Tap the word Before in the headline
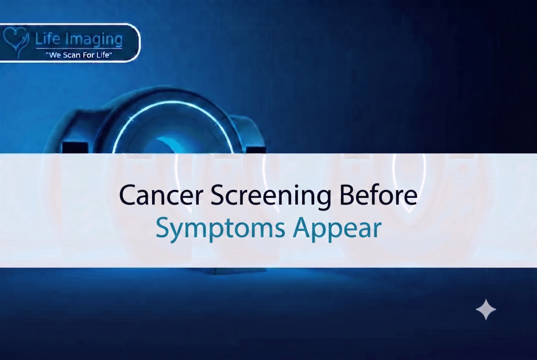click(378, 195)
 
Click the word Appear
click(337, 229)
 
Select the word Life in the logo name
click(48, 38)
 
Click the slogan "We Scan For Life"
click(79, 55)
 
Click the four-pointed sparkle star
click(486, 309)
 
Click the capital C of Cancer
click(126, 195)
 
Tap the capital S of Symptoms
click(163, 227)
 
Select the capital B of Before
click(346, 195)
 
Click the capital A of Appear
click(302, 227)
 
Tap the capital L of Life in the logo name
click(39, 39)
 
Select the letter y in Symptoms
click(177, 232)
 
